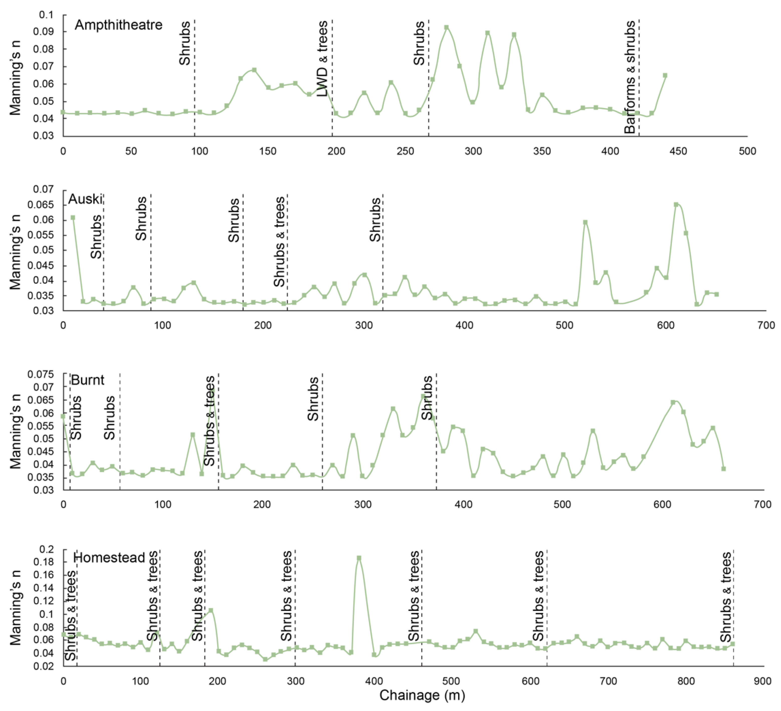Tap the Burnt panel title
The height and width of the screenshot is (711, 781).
click(88, 380)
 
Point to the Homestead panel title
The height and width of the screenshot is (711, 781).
click(109, 558)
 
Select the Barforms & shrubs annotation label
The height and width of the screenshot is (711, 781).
click(630, 77)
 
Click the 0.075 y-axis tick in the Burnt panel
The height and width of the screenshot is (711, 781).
click(40, 374)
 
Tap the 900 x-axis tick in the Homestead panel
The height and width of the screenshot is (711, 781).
click(762, 681)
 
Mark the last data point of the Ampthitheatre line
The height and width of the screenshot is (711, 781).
click(665, 75)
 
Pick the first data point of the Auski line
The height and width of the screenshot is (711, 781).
click(73, 218)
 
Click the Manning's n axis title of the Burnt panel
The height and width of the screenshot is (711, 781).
click(16, 431)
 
